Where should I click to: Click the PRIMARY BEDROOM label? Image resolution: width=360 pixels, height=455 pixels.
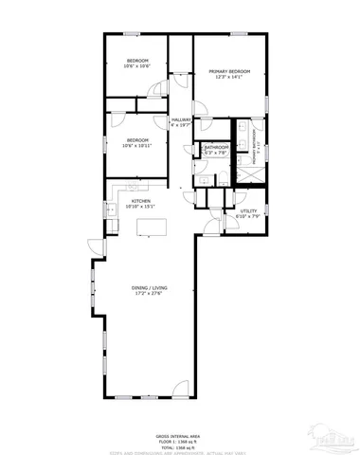(228, 71)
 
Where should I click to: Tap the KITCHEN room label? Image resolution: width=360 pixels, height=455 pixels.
(142, 201)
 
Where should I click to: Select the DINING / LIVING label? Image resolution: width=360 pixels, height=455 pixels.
(148, 289)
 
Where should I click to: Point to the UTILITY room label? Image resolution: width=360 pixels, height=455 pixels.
(248, 212)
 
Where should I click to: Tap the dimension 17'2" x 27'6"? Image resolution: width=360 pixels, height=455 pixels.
(148, 295)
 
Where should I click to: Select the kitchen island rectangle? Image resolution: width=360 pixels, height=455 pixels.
(147, 227)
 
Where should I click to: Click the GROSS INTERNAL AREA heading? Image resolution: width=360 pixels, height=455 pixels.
(179, 436)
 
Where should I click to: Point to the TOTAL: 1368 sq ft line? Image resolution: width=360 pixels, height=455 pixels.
(179, 446)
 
